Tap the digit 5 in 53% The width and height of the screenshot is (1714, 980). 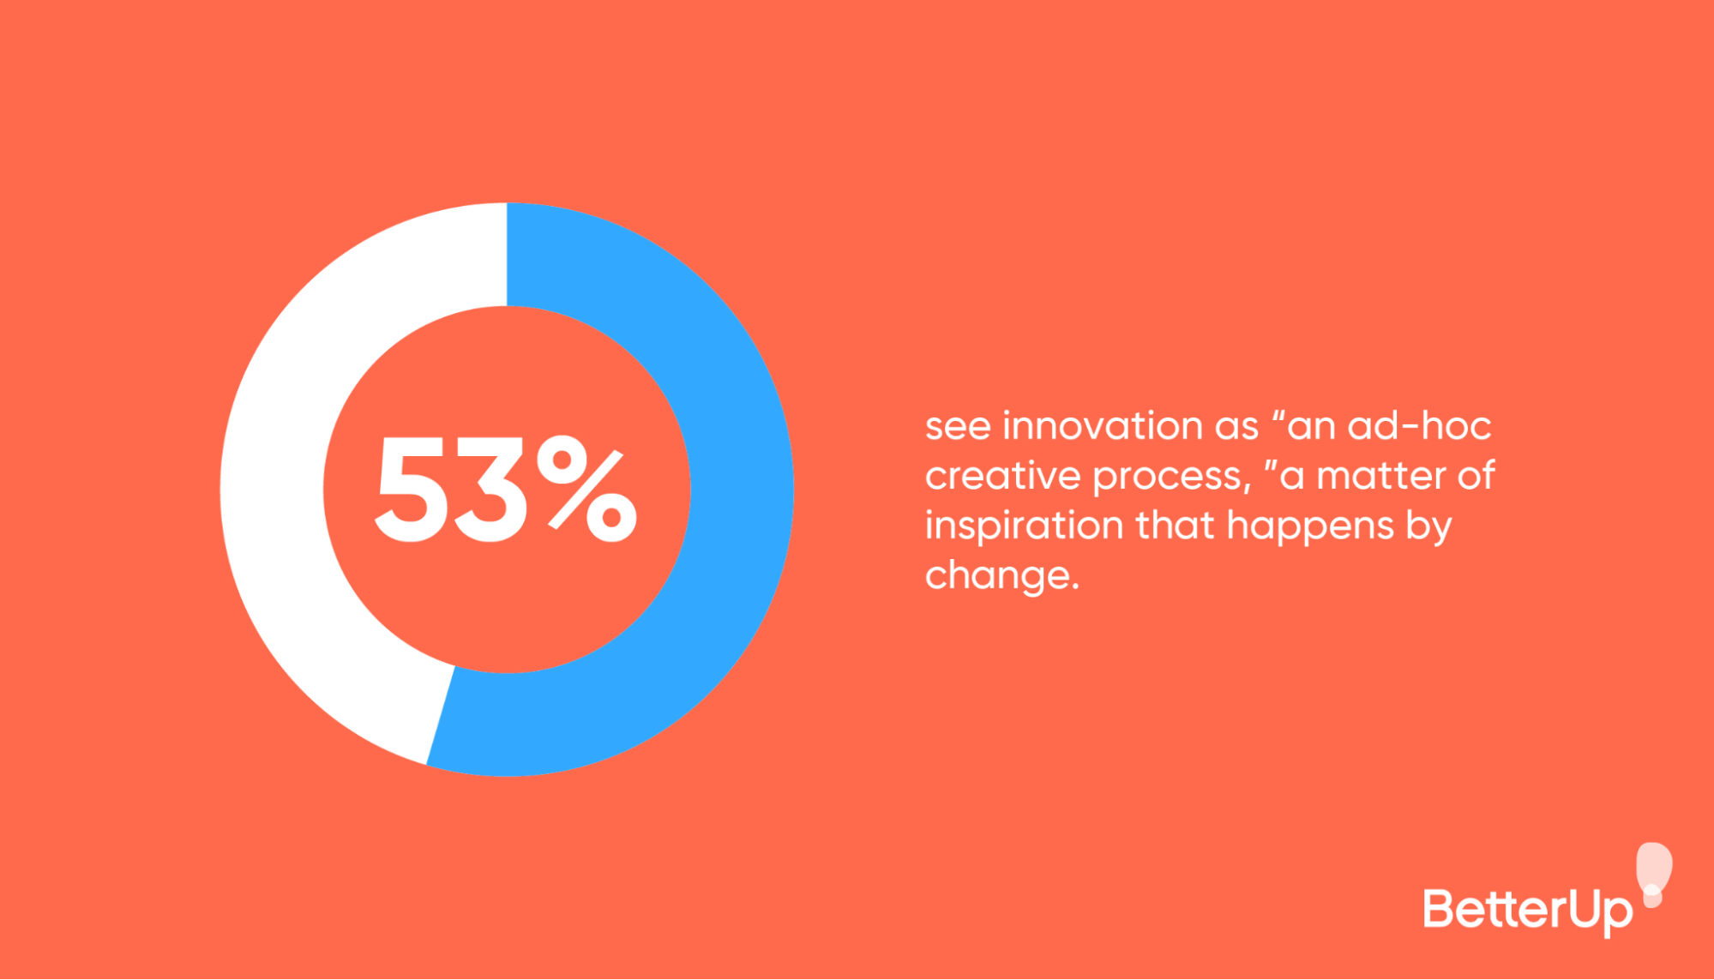click(411, 490)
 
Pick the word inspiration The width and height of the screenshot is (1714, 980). click(1024, 526)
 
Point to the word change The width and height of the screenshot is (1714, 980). click(1000, 576)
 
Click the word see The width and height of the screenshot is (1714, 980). click(957, 427)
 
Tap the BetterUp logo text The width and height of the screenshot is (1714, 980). click(1527, 911)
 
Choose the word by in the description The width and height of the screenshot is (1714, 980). click(1428, 526)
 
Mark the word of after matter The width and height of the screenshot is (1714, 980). click(1476, 476)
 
